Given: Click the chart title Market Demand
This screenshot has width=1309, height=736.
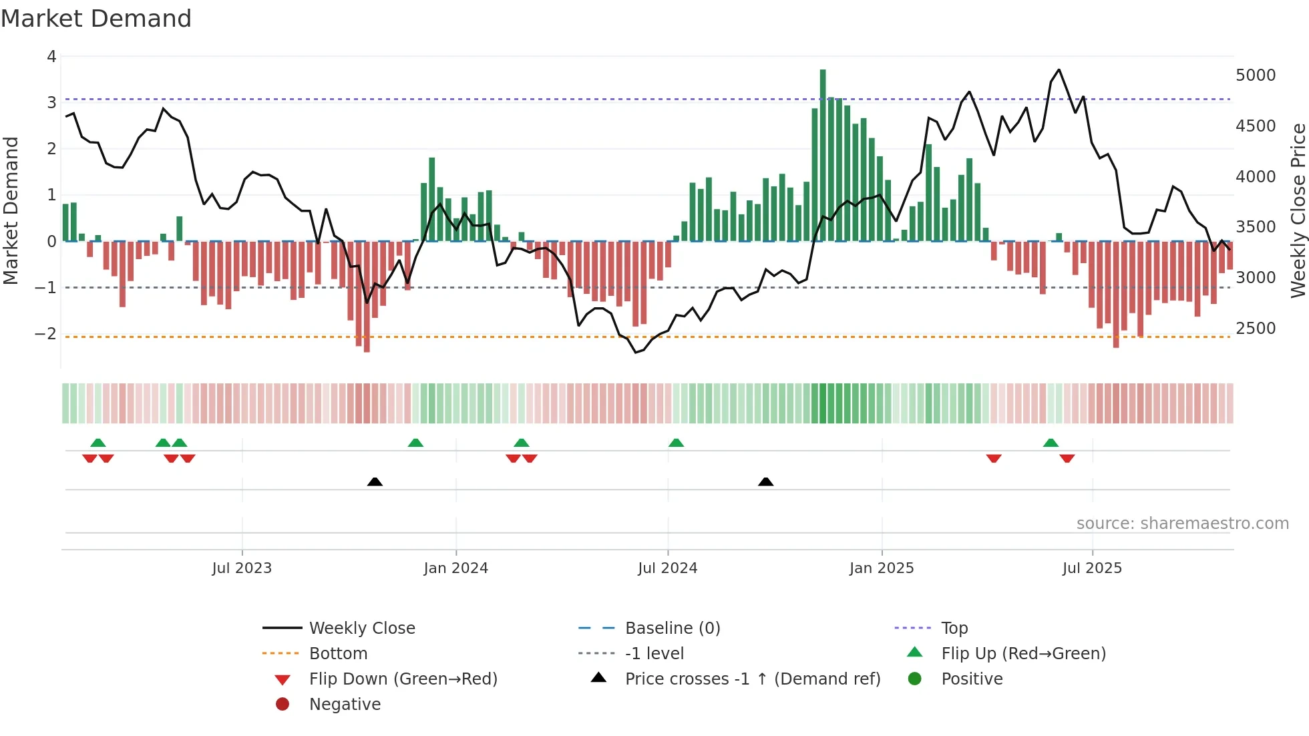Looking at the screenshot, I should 96,19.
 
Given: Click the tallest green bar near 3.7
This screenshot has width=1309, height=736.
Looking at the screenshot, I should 823,154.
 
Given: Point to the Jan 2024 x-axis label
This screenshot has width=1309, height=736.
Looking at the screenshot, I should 455,568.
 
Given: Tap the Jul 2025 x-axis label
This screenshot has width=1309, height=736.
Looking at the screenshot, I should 1092,568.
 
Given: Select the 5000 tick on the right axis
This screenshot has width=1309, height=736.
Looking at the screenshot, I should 1256,75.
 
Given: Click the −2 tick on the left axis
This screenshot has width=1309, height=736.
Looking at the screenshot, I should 46,333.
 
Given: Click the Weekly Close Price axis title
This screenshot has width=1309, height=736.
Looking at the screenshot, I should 1298,210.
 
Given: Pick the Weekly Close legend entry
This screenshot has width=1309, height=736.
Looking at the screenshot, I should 361,628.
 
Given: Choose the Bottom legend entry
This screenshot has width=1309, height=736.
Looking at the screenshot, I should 338,654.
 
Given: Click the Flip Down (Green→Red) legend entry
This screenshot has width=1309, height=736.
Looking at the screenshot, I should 403,679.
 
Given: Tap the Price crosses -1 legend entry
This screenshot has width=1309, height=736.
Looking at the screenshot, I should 752,679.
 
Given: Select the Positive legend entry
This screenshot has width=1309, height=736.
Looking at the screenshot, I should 971,679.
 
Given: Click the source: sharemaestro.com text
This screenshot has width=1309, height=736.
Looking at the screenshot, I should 1182,524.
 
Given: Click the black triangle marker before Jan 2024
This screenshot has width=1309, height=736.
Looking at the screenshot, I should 375,482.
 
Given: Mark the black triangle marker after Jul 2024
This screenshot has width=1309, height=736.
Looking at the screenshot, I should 766,482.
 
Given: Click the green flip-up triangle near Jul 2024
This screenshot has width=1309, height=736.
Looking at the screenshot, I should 676,443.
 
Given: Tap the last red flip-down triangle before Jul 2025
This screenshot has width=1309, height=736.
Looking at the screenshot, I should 1067,458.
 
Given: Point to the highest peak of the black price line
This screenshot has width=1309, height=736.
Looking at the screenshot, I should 1059,69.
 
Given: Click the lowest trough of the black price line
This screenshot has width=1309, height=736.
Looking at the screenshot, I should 636,352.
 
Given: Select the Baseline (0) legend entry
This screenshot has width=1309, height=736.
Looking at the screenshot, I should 672,628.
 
